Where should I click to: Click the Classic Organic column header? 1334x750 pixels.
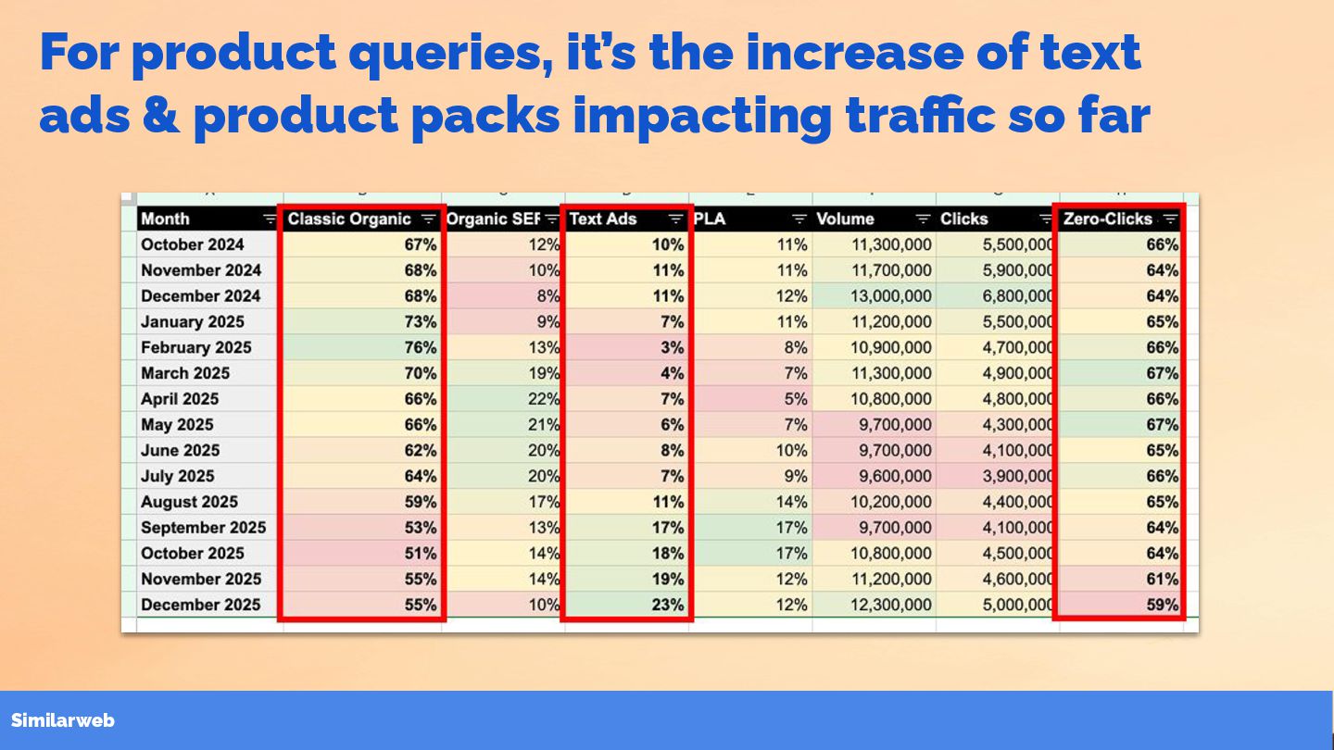point(349,219)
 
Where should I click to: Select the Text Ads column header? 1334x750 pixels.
point(603,219)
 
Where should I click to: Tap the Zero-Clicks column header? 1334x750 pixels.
point(1108,219)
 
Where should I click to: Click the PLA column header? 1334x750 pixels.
point(710,219)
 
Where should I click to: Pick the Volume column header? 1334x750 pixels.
point(845,219)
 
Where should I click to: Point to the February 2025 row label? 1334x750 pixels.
point(196,348)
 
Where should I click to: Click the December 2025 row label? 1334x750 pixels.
point(201,605)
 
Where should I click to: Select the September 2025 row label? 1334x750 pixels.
point(203,528)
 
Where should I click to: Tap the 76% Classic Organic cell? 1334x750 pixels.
point(421,348)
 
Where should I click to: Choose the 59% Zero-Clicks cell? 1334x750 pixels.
point(1163,605)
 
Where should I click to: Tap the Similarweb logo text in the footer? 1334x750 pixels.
point(63,720)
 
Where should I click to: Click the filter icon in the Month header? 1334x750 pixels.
point(269,219)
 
